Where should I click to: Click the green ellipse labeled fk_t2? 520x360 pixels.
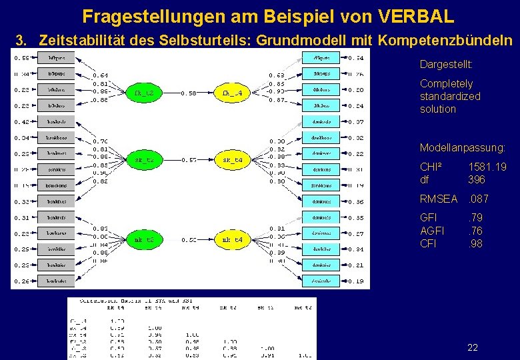pyautogui.click(x=144, y=93)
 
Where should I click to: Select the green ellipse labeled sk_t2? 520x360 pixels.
pyautogui.click(x=144, y=160)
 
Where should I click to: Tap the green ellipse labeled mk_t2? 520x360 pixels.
pyautogui.click(x=144, y=239)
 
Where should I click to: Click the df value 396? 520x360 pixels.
pyautogui.click(x=477, y=179)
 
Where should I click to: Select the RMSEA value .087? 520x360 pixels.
pyautogui.click(x=477, y=199)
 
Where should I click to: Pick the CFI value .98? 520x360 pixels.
pyautogui.click(x=475, y=243)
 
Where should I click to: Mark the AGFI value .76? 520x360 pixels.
pyautogui.click(x=475, y=231)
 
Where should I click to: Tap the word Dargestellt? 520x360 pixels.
pyautogui.click(x=447, y=65)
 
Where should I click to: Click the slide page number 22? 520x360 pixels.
pyautogui.click(x=473, y=347)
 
